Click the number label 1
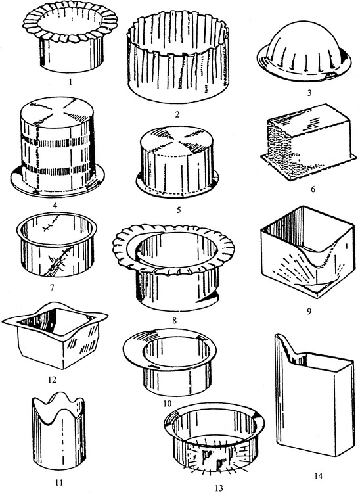coord(62,84)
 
